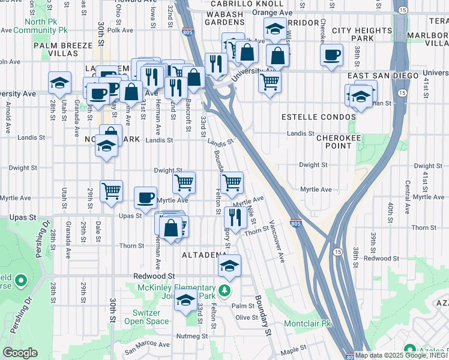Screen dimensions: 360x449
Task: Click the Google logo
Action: (20, 353)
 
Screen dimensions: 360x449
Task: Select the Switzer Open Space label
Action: (142, 317)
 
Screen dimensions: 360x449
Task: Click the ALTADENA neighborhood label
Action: (204, 255)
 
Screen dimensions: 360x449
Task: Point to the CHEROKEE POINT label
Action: (337, 142)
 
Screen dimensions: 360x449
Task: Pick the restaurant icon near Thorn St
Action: (233, 218)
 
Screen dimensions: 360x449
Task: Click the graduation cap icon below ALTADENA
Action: (229, 266)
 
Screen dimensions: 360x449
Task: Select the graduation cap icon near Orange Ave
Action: (274, 29)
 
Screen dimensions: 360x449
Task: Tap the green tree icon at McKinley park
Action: (224, 291)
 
